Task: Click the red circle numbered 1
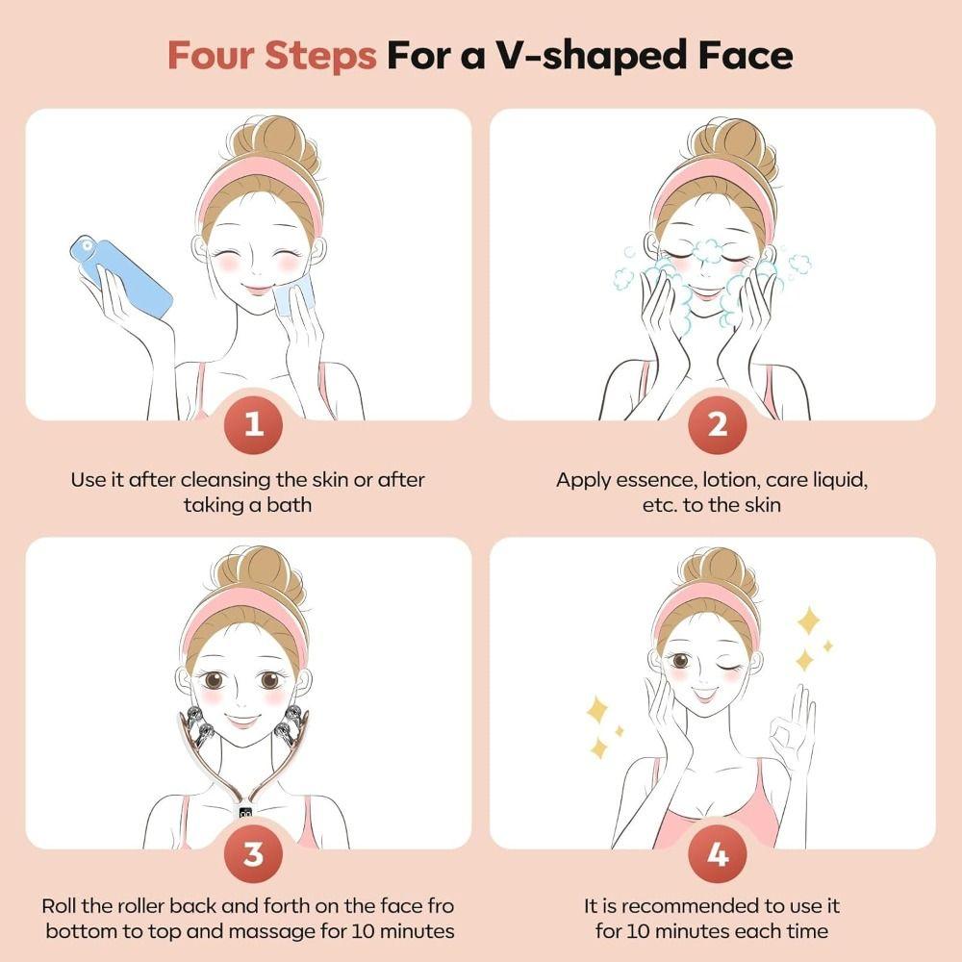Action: tap(254, 424)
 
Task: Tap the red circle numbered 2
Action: tap(718, 424)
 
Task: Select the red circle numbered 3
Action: tap(254, 852)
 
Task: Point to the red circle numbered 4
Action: tap(718, 852)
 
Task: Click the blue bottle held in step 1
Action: tap(120, 277)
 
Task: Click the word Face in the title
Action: tap(742, 55)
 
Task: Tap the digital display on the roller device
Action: tap(247, 813)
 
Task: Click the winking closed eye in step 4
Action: tap(737, 663)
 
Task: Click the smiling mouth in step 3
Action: tap(243, 719)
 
